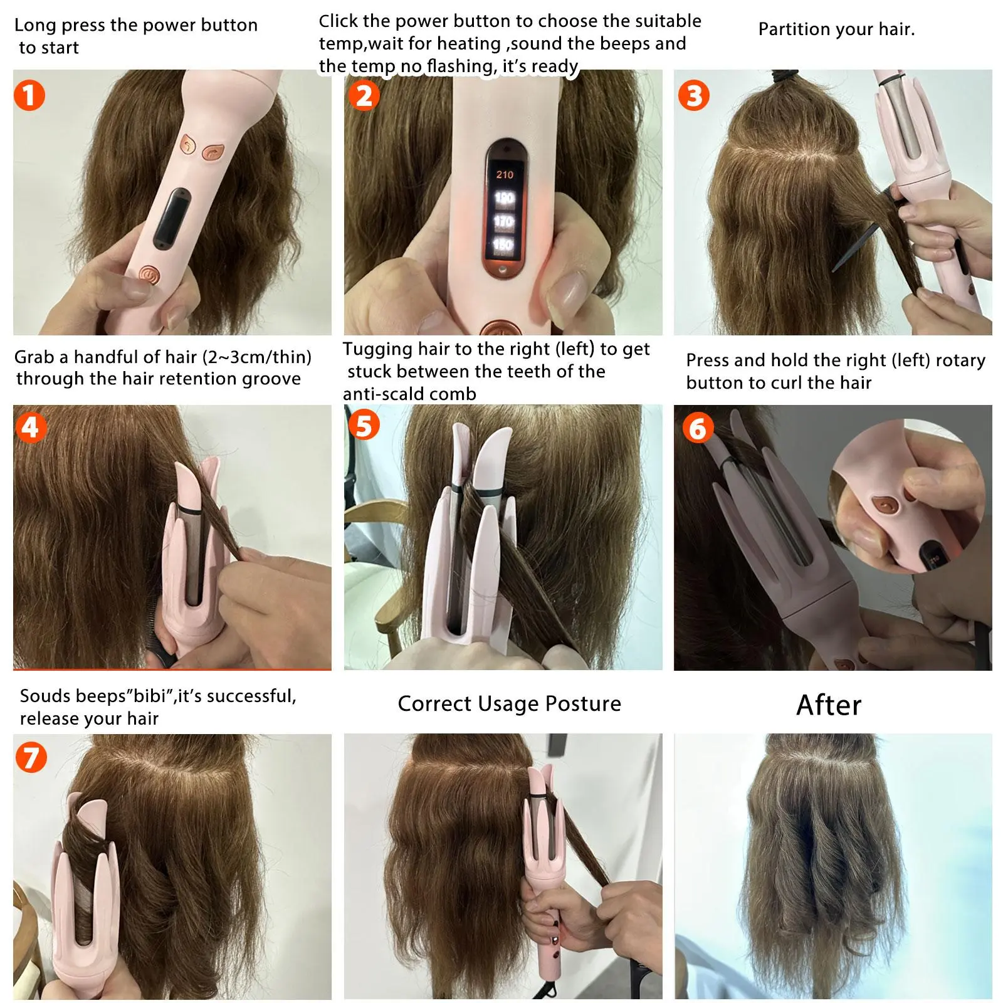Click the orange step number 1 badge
[29, 95]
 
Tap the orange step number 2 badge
[364, 96]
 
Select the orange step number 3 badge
[694, 96]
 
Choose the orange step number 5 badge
[364, 425]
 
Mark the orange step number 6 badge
[698, 429]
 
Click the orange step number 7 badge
[31, 757]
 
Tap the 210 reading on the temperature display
[505, 175]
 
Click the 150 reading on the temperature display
[503, 244]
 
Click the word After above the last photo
[829, 705]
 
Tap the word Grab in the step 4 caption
[34, 357]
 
